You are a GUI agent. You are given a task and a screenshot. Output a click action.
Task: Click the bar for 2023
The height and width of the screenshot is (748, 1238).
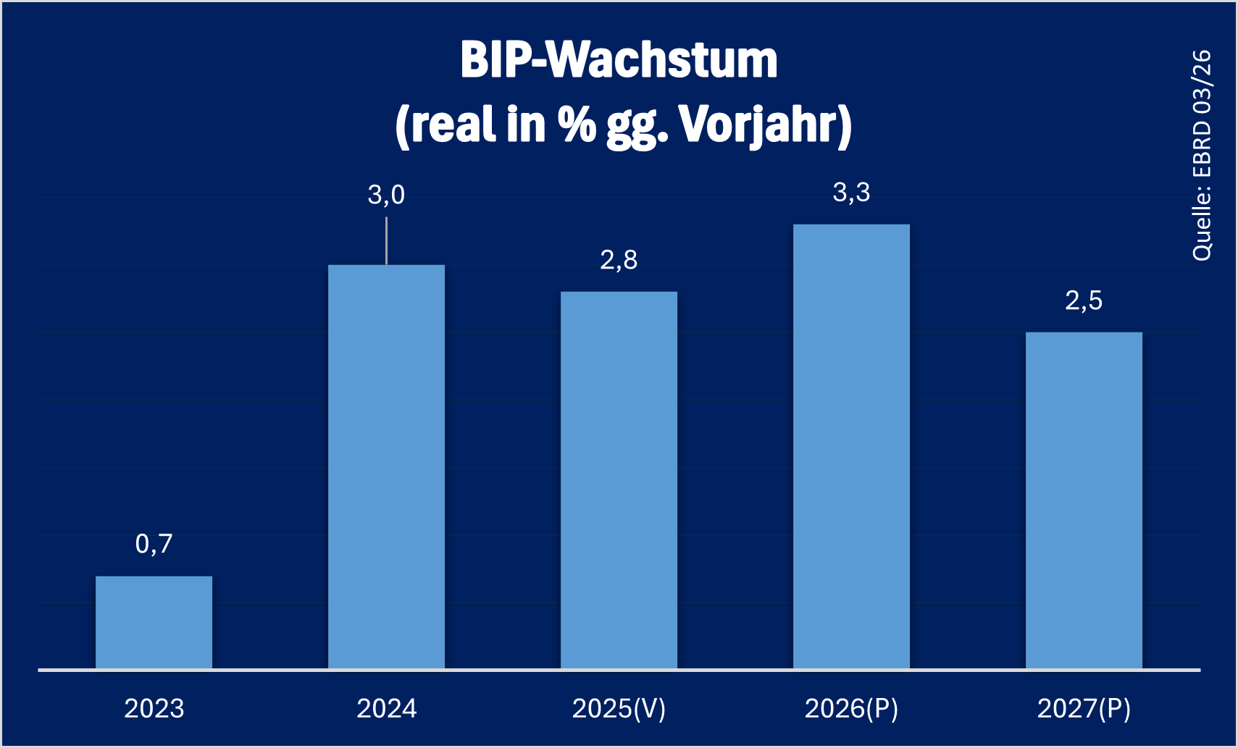tap(154, 622)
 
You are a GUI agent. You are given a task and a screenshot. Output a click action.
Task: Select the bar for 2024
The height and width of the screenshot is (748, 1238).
tap(386, 467)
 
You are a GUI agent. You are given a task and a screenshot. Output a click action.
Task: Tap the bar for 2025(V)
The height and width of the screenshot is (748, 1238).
tap(619, 480)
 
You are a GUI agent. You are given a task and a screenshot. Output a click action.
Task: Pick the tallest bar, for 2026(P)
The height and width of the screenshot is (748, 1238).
tap(851, 446)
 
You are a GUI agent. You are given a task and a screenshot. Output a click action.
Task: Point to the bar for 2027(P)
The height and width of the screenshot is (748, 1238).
tap(1084, 500)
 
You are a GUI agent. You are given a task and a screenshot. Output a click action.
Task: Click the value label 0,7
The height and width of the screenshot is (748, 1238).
tap(154, 544)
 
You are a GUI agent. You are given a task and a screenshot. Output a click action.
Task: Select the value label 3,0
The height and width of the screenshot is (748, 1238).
tap(386, 195)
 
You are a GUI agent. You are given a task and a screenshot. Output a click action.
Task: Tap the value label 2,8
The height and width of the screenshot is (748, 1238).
tap(619, 260)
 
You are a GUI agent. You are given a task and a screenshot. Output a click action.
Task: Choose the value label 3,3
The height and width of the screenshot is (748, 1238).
tap(851, 193)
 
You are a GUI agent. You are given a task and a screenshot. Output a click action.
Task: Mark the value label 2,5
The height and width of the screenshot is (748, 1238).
tap(1084, 301)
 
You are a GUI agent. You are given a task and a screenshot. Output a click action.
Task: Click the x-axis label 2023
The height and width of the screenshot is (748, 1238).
tap(154, 708)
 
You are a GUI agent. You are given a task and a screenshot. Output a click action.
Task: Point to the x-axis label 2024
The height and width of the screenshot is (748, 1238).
tap(386, 708)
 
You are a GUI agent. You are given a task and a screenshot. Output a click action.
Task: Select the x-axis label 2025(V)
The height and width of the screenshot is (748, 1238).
tap(619, 708)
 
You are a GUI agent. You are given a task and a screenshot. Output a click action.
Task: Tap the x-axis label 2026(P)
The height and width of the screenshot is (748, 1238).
tap(851, 708)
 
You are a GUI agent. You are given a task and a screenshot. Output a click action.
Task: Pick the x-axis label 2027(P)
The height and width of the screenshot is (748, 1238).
tap(1084, 708)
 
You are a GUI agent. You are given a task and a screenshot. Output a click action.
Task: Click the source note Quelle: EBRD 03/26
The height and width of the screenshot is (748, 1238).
tap(1202, 155)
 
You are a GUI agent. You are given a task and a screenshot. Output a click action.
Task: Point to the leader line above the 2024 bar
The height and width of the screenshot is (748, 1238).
tap(386, 240)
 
